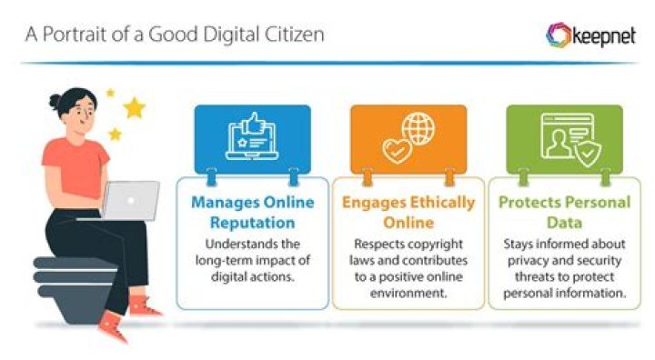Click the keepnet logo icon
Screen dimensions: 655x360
point(558,35)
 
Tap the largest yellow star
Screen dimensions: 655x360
point(134,107)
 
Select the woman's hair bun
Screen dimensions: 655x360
point(55,101)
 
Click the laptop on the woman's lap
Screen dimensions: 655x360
point(130,200)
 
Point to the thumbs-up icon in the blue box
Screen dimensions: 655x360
point(255,123)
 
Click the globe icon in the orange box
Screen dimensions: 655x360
point(418,128)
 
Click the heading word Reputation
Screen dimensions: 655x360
point(252,223)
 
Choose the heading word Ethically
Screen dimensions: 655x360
point(442,203)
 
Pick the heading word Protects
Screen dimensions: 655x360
point(529,202)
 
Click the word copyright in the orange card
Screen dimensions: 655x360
point(435,245)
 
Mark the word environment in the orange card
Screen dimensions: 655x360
point(408,293)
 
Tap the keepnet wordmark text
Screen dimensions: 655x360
point(604,36)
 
